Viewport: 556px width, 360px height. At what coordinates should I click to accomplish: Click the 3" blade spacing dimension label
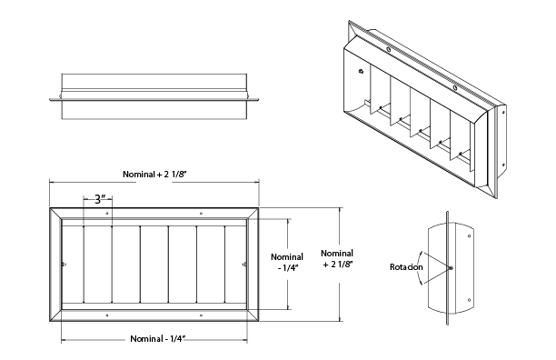(100, 199)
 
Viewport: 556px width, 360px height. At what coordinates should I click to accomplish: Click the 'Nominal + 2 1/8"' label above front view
(154, 175)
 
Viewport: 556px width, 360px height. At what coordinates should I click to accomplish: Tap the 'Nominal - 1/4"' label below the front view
(158, 339)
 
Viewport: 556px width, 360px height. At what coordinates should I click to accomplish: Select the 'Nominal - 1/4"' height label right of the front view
(287, 262)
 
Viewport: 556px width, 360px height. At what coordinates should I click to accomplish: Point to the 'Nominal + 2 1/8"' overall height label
(337, 258)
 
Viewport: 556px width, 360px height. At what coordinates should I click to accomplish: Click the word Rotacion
(406, 267)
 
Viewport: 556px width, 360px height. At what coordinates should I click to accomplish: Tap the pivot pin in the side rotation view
(451, 268)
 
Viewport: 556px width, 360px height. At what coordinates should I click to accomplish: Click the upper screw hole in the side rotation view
(470, 235)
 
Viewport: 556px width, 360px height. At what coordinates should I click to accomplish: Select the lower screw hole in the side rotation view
(469, 300)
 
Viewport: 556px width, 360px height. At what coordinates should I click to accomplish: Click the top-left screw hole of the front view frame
(107, 213)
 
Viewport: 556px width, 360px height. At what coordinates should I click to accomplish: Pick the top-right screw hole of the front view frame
(201, 213)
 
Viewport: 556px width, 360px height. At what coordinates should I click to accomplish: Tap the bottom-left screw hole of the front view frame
(107, 315)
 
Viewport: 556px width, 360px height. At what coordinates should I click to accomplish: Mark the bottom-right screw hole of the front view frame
(201, 315)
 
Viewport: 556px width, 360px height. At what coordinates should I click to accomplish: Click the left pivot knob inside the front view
(64, 264)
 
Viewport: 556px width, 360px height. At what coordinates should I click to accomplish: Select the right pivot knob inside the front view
(244, 264)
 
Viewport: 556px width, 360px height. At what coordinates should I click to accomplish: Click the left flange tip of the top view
(50, 100)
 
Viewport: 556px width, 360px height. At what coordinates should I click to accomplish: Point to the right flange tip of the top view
(258, 100)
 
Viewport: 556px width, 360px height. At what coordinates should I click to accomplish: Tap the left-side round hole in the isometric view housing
(361, 71)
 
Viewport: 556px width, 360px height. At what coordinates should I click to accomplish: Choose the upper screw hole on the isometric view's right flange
(503, 113)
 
